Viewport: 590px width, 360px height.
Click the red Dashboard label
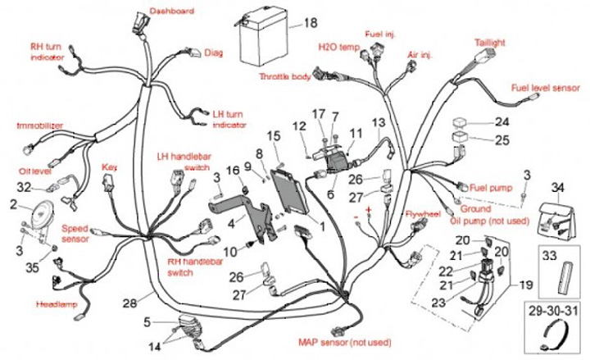[x=171, y=11]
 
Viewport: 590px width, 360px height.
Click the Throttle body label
[x=284, y=75]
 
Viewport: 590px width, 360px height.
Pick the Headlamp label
[x=55, y=304]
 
